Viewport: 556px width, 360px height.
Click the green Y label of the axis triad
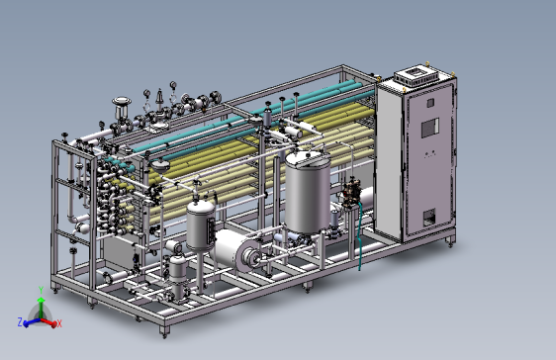[x=41, y=290]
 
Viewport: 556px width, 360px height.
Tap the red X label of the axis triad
[x=59, y=323]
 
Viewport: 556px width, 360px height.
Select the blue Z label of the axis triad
[x=20, y=321]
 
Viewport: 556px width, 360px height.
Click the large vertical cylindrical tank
[x=308, y=193]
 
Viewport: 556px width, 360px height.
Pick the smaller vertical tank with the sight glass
[x=201, y=225]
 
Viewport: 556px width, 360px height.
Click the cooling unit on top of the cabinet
[x=417, y=76]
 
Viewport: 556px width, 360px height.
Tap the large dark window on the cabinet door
[x=430, y=128]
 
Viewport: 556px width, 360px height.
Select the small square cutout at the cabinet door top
[x=430, y=103]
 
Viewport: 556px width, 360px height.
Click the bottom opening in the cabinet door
[x=428, y=217]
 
